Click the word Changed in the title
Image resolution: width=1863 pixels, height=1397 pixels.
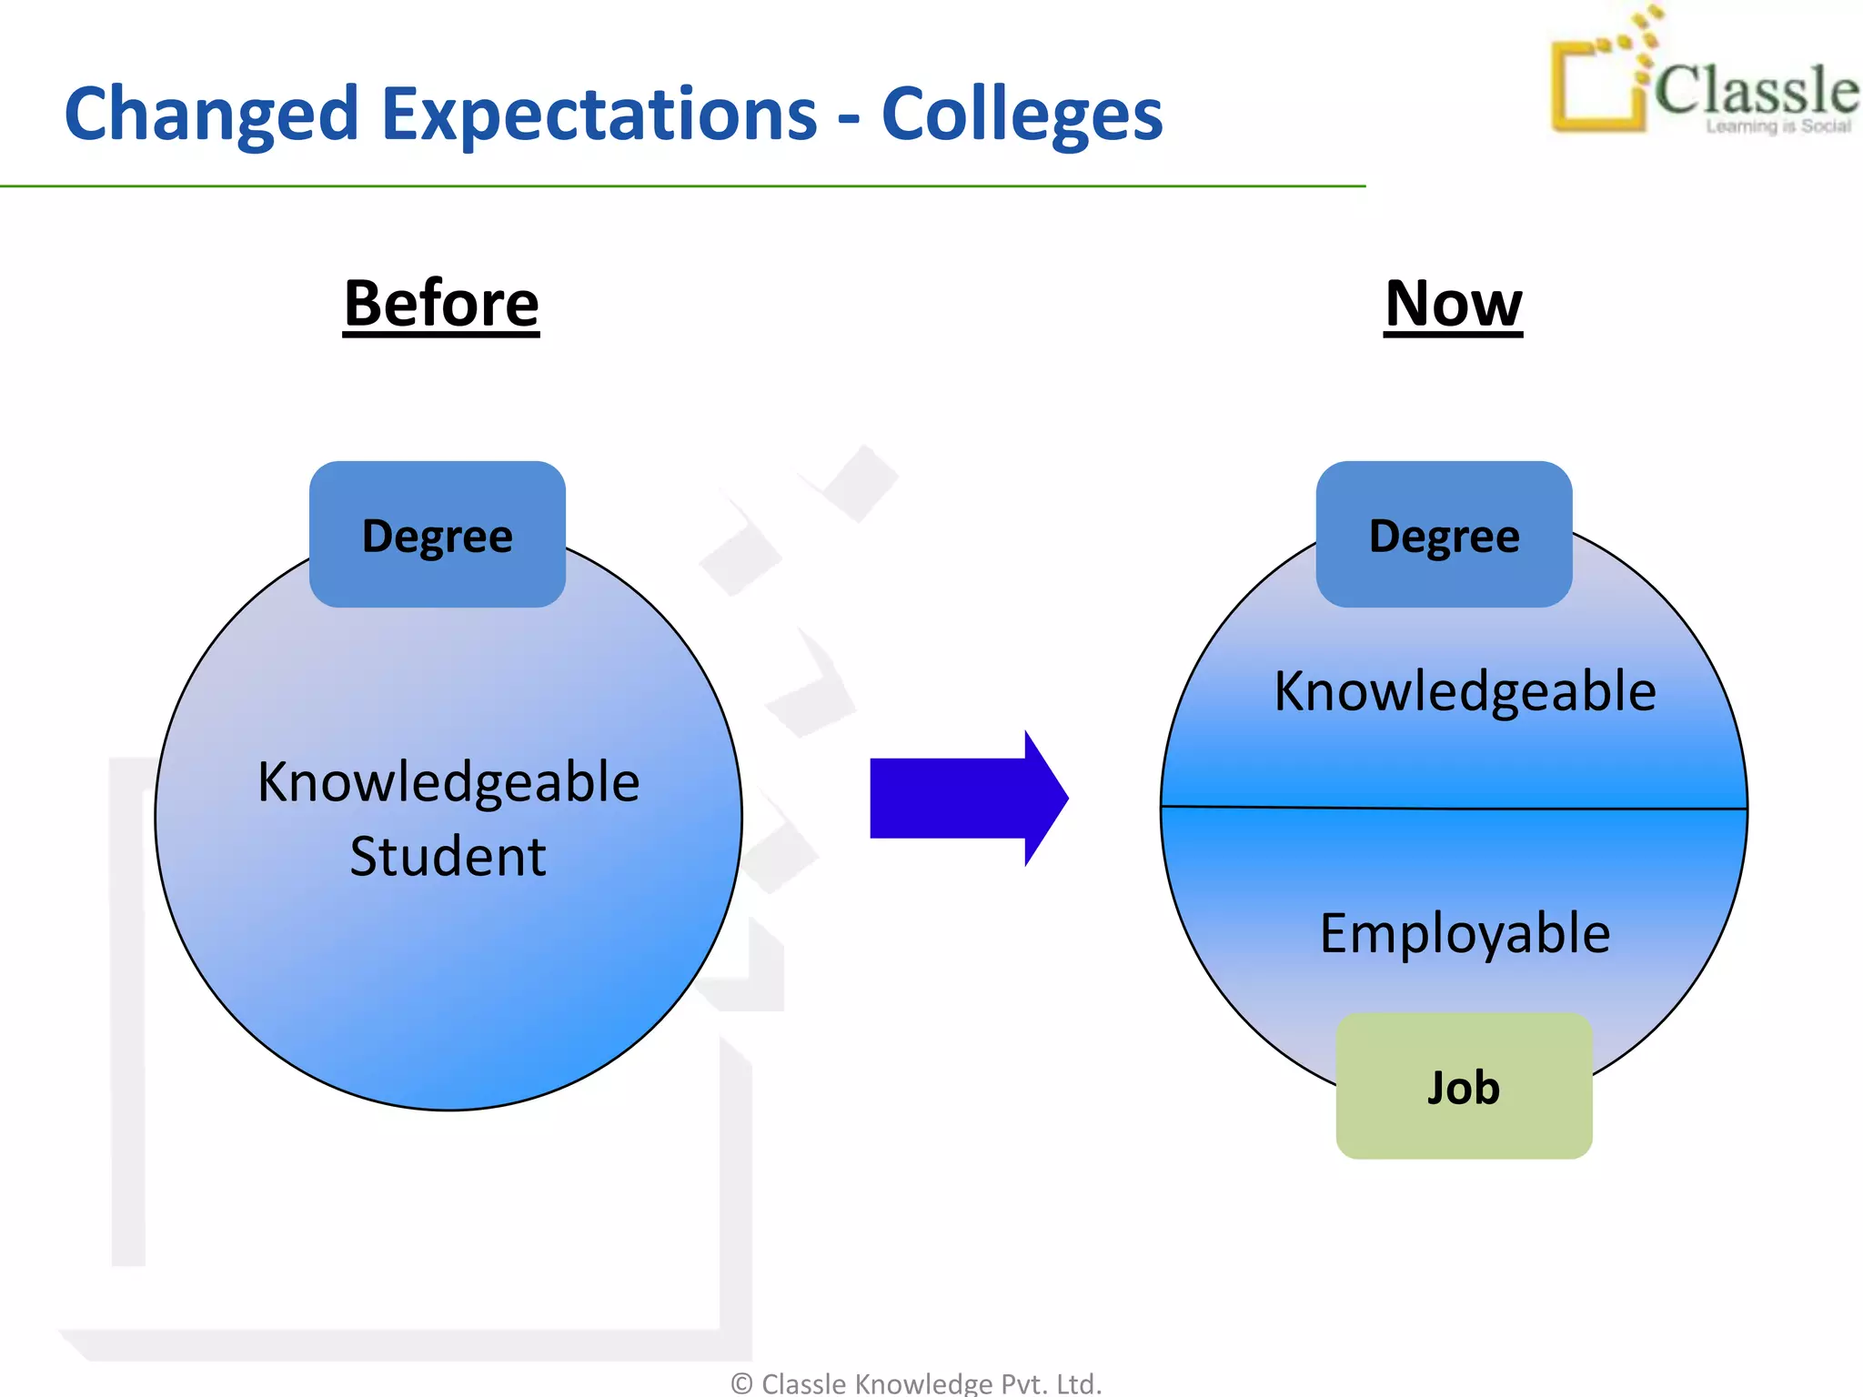(x=211, y=115)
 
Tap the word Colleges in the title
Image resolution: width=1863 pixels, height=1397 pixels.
(x=1022, y=115)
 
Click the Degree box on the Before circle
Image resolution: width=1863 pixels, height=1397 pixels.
(x=438, y=535)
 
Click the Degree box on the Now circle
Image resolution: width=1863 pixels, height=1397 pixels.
(x=1444, y=535)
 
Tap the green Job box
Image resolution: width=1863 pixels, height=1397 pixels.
(x=1464, y=1087)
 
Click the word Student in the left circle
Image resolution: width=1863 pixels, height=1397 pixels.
(x=448, y=856)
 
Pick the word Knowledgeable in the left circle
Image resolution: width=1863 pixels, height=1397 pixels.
(x=448, y=781)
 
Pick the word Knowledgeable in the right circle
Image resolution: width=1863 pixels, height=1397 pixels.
(x=1465, y=691)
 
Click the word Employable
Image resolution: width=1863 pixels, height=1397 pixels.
(x=1465, y=933)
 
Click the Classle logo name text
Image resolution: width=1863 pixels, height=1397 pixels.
(x=1756, y=90)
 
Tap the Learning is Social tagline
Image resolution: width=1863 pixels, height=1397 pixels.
(x=1777, y=126)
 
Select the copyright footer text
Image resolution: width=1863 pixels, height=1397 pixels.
(x=916, y=1383)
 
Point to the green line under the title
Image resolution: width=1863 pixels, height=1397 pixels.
(x=682, y=186)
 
